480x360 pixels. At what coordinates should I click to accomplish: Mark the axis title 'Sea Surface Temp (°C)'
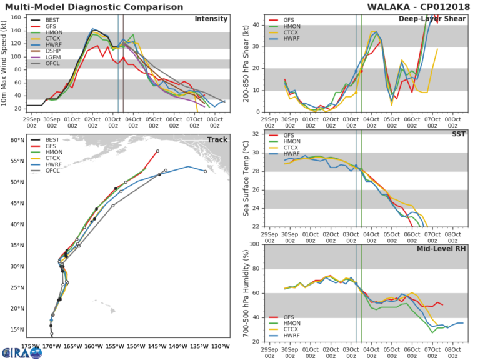pyautogui.click(x=244, y=180)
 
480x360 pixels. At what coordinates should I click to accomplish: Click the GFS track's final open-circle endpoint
pyautogui.click(x=157, y=151)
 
